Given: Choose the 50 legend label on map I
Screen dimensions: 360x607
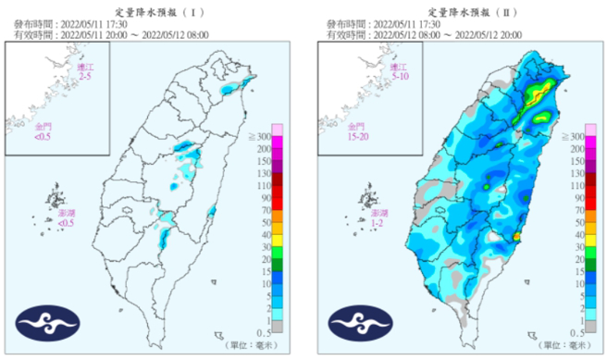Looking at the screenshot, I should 266,222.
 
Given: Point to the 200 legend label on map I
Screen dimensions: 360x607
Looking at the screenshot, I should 265,149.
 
